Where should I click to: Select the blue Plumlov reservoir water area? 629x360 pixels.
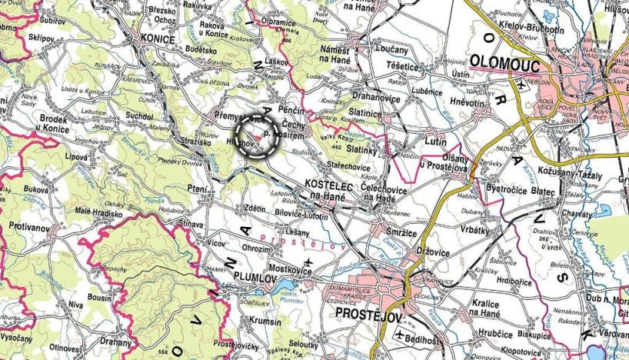coord(286,293)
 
